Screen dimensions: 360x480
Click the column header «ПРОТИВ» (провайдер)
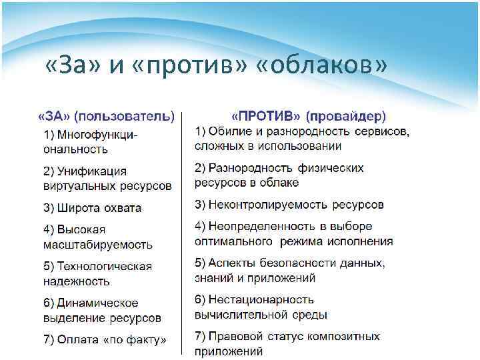pos(309,115)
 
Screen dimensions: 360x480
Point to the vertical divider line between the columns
pos(183,233)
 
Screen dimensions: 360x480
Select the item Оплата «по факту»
pos(105,340)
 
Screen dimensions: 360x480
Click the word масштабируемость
pos(98,245)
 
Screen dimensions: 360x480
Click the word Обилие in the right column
pos(229,131)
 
